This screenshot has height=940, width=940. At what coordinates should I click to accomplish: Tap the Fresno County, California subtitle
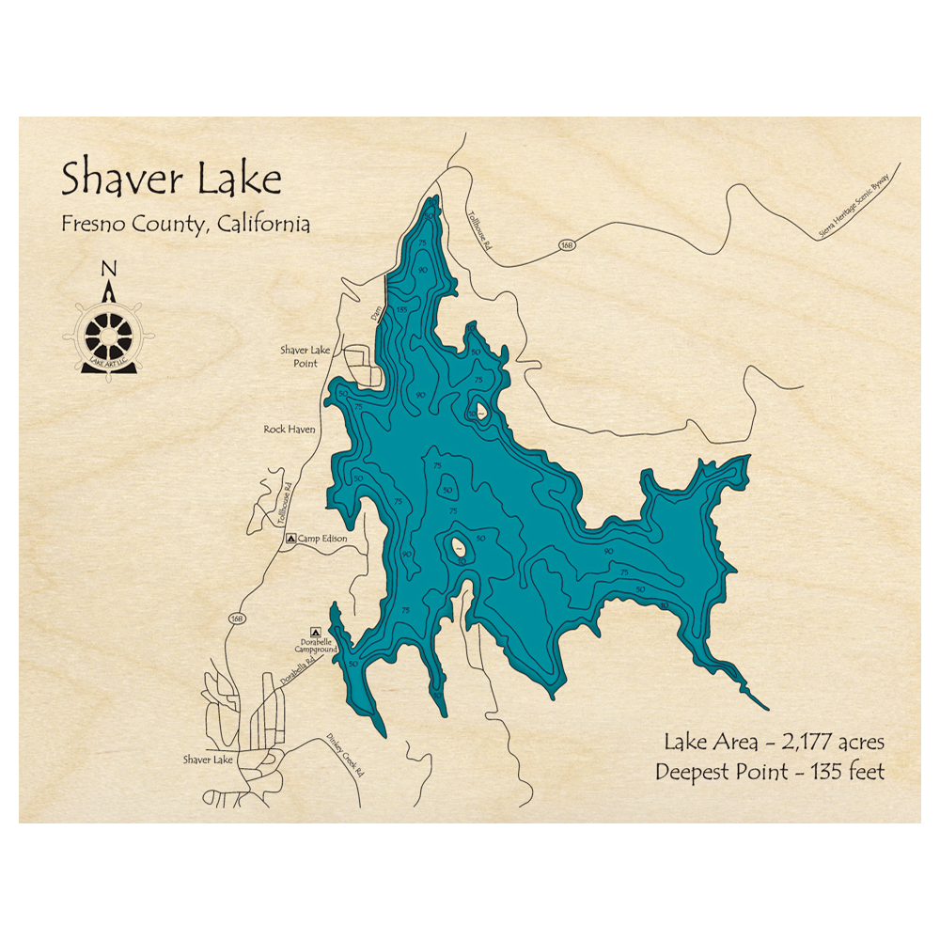[186, 225]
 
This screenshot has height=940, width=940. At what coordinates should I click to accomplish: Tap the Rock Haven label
[290, 430]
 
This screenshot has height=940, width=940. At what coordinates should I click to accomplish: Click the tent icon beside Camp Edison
[290, 539]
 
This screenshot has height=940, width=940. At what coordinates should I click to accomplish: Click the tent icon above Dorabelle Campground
[316, 633]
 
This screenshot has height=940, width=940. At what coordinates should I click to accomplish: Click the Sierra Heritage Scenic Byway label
[859, 204]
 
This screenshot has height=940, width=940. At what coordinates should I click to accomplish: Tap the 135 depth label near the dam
[401, 309]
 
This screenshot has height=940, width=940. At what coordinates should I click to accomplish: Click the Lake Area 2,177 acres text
[774, 742]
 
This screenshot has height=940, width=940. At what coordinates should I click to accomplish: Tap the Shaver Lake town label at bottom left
[209, 759]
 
